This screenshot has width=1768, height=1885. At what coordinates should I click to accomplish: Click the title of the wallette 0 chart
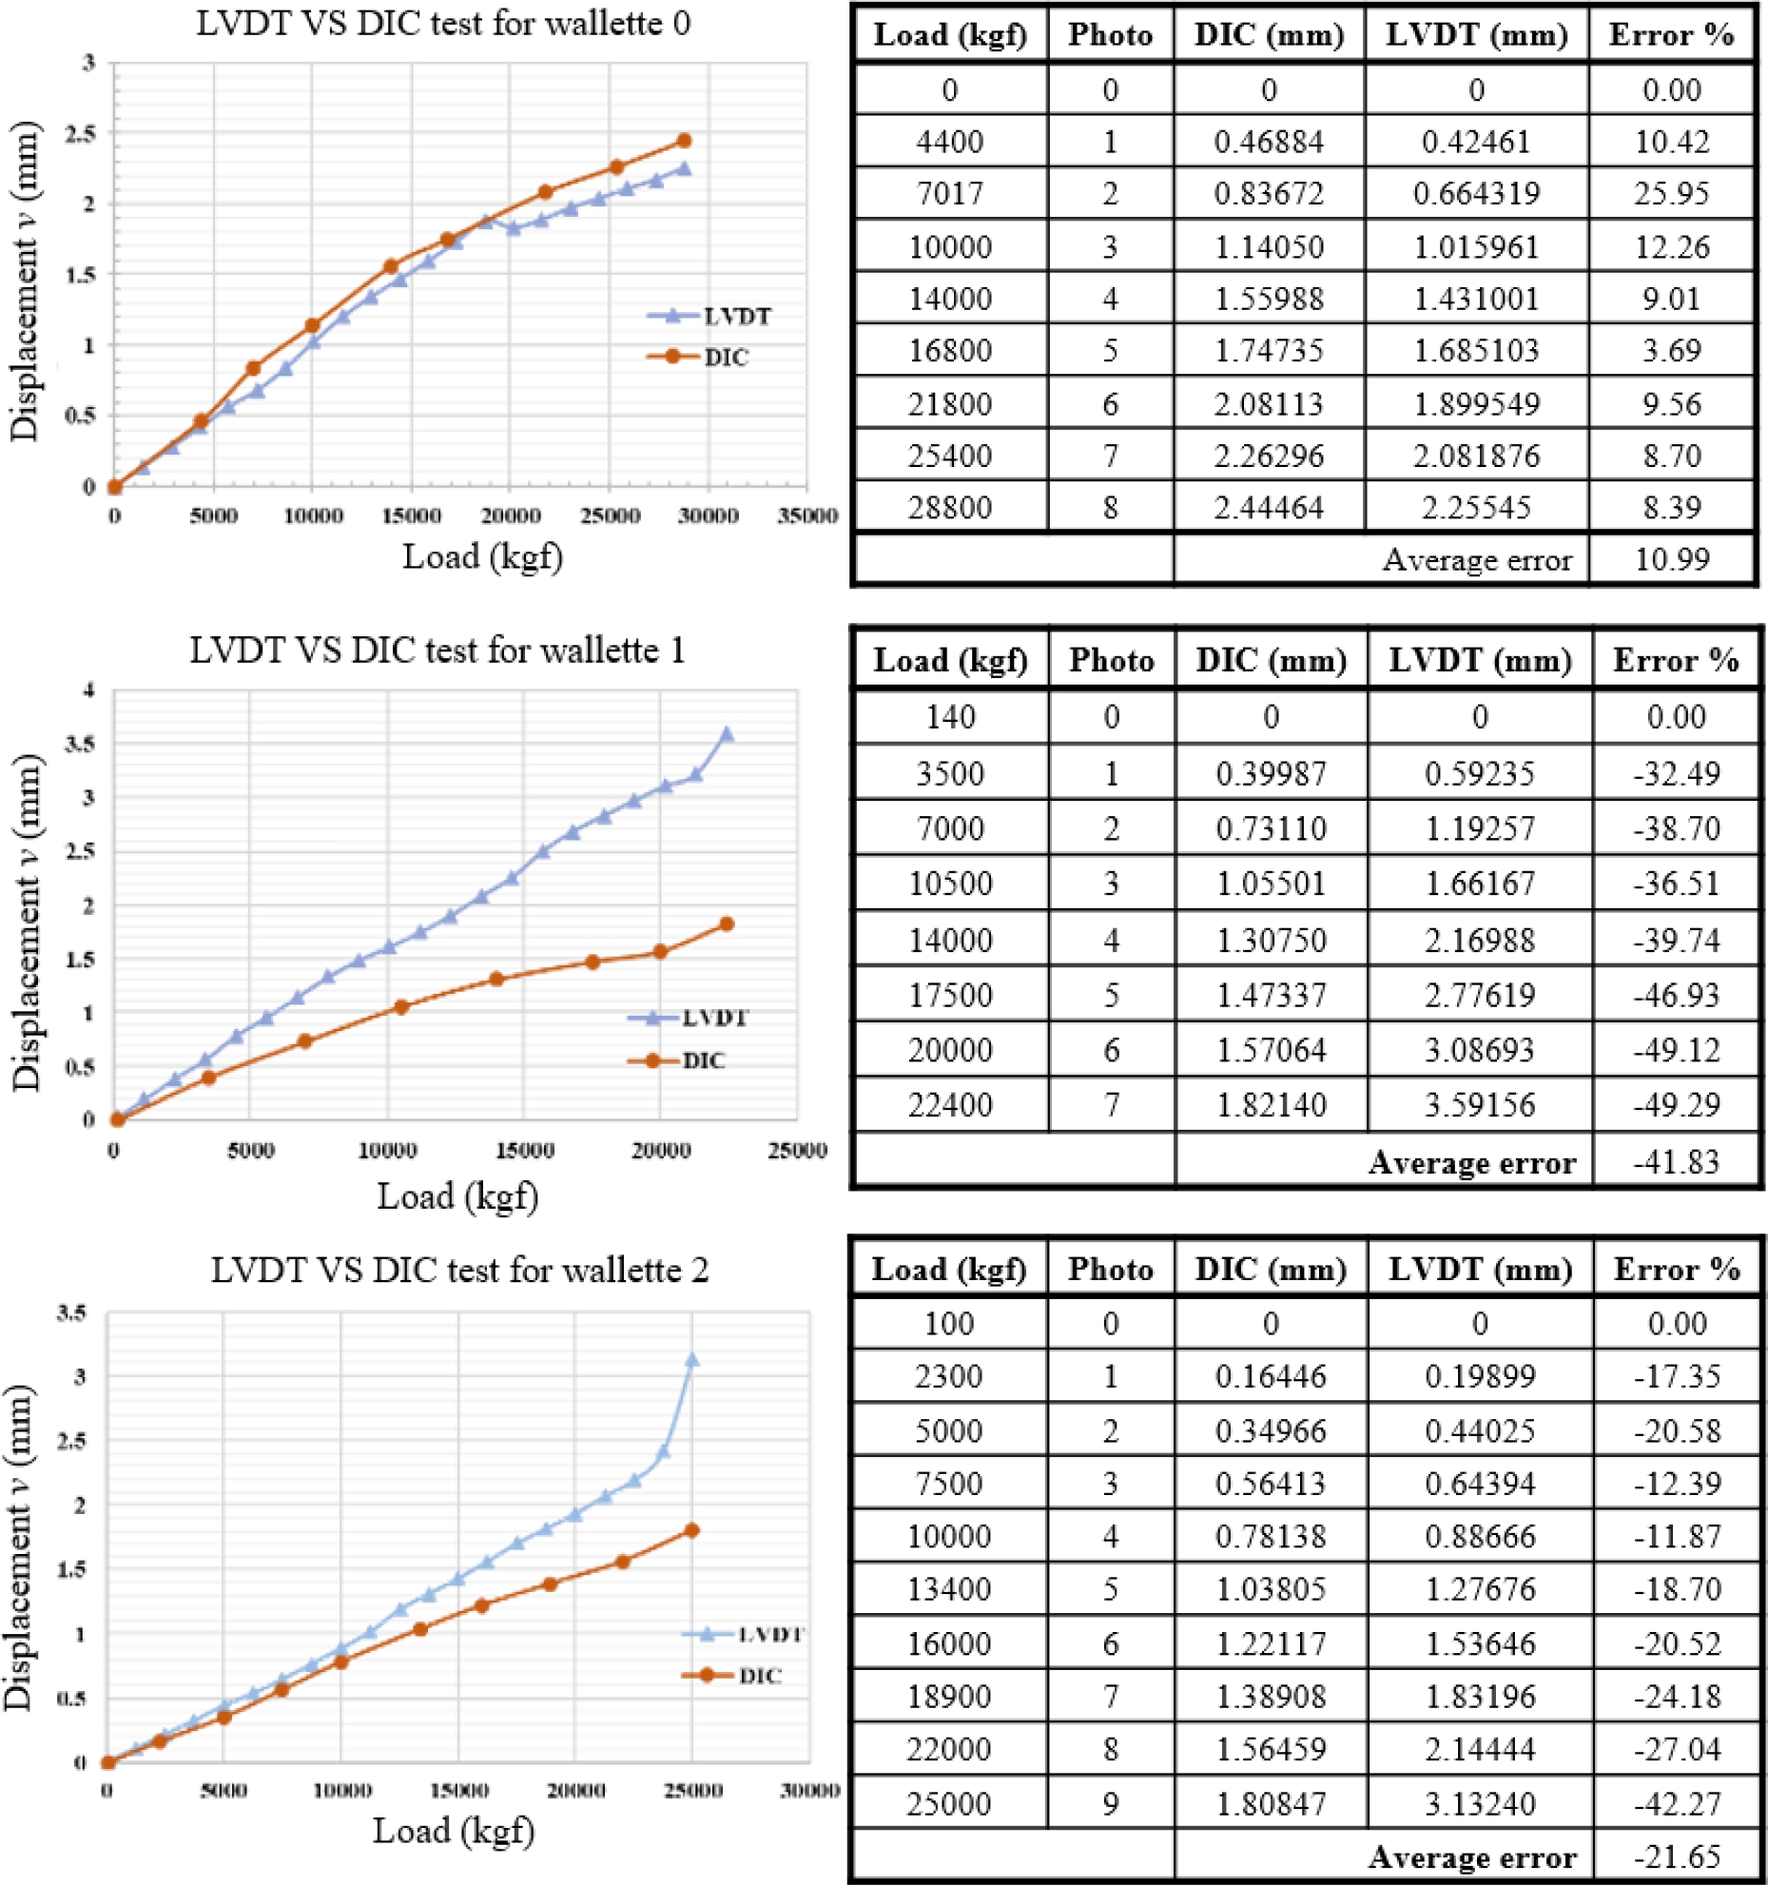tap(443, 24)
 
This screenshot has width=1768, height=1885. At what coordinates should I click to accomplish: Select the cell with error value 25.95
tap(1671, 194)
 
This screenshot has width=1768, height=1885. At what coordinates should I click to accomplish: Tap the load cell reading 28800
tap(950, 507)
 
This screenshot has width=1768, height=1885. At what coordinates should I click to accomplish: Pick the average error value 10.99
tap(1671, 559)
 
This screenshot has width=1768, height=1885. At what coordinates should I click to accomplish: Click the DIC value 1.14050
tap(1269, 247)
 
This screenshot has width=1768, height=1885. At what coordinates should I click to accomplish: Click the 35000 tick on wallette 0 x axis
tap(806, 515)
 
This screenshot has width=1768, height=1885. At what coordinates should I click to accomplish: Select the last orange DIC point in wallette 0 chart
tap(684, 141)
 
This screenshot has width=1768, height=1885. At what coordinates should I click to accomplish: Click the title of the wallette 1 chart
tap(437, 651)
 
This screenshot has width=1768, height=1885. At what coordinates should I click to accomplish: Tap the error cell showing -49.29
tap(1676, 1105)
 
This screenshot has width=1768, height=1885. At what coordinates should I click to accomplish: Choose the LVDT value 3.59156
tap(1479, 1105)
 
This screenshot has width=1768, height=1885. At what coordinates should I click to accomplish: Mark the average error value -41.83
tap(1676, 1161)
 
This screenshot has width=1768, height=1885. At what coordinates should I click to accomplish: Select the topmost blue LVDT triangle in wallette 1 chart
tap(727, 734)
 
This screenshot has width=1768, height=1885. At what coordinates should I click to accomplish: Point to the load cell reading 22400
tap(950, 1105)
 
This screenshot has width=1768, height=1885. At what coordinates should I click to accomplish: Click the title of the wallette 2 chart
tap(459, 1271)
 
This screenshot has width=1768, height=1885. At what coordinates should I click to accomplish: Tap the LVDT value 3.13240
tap(1479, 1803)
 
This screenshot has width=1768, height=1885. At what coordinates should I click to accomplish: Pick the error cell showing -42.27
tap(1676, 1803)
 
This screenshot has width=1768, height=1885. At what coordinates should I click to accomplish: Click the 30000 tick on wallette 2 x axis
tap(809, 1791)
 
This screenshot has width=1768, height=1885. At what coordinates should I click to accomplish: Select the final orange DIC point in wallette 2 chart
tap(692, 1530)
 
